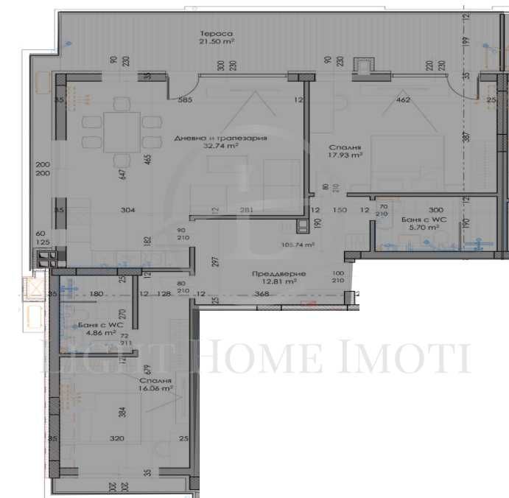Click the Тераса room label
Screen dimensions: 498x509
215,34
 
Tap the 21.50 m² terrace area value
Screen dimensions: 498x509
216,43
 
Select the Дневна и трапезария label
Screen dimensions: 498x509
220,138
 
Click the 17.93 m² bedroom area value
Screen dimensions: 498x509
345,155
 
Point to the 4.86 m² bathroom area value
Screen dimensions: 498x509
100,333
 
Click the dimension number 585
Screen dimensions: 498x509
186,99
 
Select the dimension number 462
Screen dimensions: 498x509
403,99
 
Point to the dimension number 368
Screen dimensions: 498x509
262,294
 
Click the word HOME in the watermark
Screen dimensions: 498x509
257,359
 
